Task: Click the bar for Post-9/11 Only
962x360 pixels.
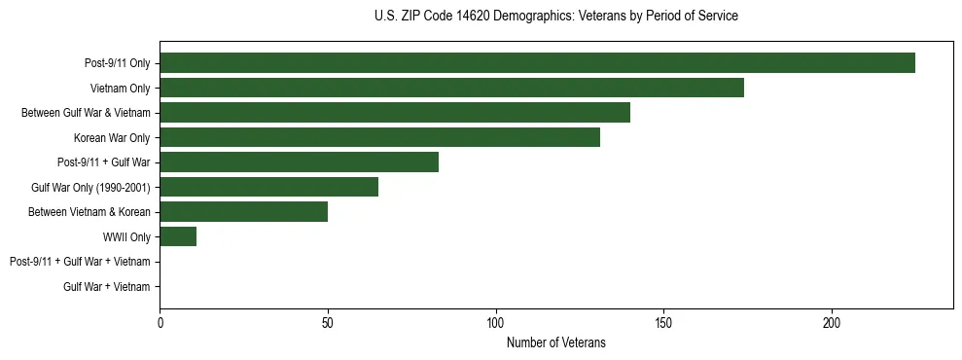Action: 537,63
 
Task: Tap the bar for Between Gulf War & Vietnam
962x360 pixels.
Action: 395,113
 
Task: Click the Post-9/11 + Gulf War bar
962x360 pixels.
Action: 299,162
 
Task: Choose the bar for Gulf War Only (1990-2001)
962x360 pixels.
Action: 268,187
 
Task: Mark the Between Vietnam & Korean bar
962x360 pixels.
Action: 243,212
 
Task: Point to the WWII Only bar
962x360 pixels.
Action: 178,236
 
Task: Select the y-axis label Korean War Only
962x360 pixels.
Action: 112,137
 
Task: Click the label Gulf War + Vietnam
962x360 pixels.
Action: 106,286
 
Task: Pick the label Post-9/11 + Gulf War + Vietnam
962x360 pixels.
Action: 80,262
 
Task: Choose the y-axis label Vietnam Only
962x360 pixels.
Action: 120,88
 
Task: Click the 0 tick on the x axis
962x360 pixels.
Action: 160,322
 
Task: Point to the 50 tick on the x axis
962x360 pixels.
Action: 328,322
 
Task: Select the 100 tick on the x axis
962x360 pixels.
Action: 496,322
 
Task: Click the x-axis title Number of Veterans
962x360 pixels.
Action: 555,342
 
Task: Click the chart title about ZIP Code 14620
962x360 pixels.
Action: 555,17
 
